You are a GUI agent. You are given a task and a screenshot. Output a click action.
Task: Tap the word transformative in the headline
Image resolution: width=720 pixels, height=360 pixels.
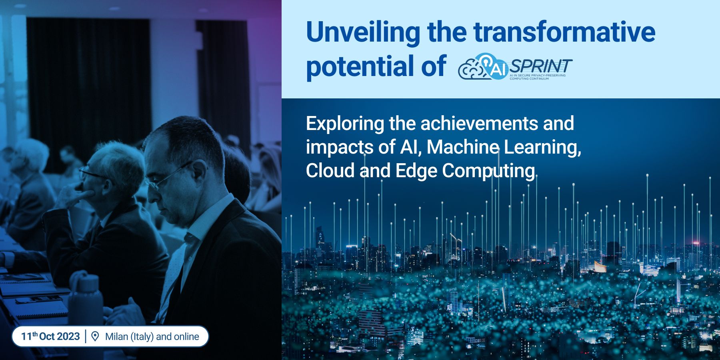click(564, 32)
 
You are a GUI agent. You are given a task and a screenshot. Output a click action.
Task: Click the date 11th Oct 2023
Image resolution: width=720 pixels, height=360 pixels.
click(50, 336)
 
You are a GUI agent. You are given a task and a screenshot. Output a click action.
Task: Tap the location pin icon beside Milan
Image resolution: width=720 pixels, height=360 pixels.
click(95, 336)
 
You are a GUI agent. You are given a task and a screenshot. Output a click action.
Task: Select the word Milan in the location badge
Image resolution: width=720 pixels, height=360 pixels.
click(116, 336)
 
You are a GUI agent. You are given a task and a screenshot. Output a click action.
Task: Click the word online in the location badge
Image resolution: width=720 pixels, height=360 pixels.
click(186, 336)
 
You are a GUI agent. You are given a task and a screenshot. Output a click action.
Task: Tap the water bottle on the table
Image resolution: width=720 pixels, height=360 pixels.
click(86, 304)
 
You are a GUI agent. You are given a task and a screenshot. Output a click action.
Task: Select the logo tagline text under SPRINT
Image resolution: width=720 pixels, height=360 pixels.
click(538, 77)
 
